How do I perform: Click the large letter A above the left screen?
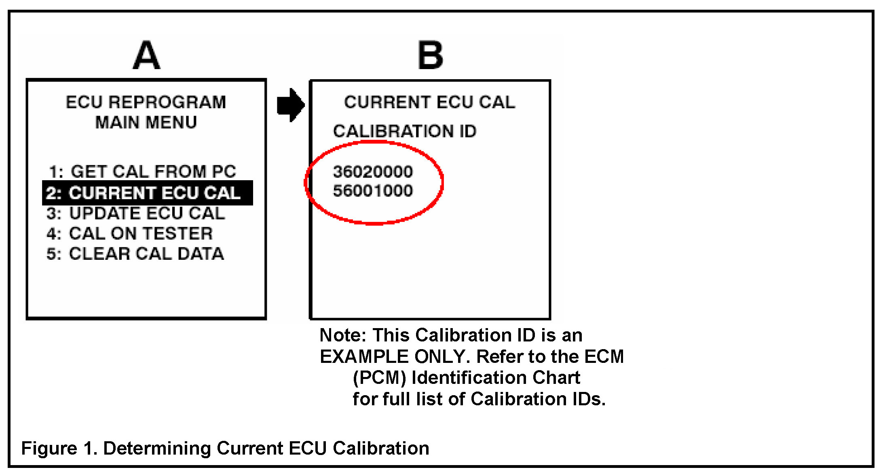coord(146,55)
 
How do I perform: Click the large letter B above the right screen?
coord(430,55)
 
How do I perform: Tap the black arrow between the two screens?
coord(290,105)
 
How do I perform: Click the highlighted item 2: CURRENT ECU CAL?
coord(147,193)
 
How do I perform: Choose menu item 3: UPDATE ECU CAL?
coord(135,213)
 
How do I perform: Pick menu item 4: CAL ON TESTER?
coord(129,234)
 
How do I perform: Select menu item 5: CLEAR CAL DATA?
coord(135,254)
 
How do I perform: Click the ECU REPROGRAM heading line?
coord(146,102)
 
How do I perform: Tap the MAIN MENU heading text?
coord(146,122)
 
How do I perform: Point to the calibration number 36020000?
coord(373,172)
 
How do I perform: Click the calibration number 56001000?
coord(373,191)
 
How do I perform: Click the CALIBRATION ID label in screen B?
coord(405,131)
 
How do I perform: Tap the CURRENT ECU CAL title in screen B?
coord(430,102)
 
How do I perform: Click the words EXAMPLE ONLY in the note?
coord(392,356)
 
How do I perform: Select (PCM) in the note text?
coord(379,378)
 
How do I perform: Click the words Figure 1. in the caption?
coord(59,448)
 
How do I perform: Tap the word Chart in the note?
coord(556,378)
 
